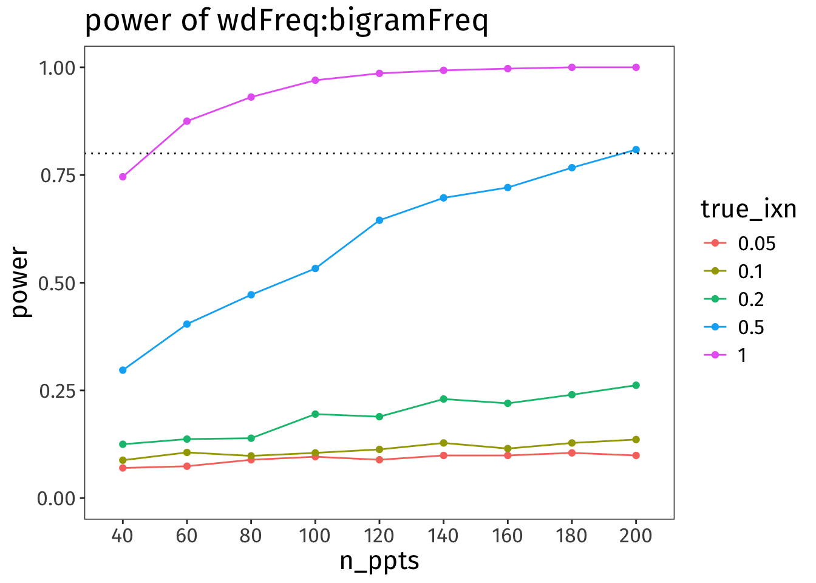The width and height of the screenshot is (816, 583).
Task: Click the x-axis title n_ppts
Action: click(379, 561)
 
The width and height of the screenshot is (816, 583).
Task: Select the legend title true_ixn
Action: click(748, 209)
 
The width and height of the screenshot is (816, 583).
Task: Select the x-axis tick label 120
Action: click(379, 536)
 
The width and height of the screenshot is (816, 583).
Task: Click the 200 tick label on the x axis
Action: click(636, 536)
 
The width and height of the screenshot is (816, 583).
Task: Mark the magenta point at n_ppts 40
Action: click(123, 177)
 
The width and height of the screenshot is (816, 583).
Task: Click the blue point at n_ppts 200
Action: click(636, 149)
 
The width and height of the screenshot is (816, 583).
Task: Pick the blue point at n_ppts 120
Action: click(379, 220)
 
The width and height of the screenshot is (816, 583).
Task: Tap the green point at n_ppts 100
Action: click(315, 414)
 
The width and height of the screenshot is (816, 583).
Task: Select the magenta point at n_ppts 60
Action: click(187, 121)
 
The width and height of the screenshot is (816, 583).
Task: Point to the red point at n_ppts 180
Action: click(571, 453)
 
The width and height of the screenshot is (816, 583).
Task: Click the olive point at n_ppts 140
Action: click(443, 443)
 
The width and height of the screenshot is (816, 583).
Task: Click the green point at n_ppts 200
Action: click(636, 385)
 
